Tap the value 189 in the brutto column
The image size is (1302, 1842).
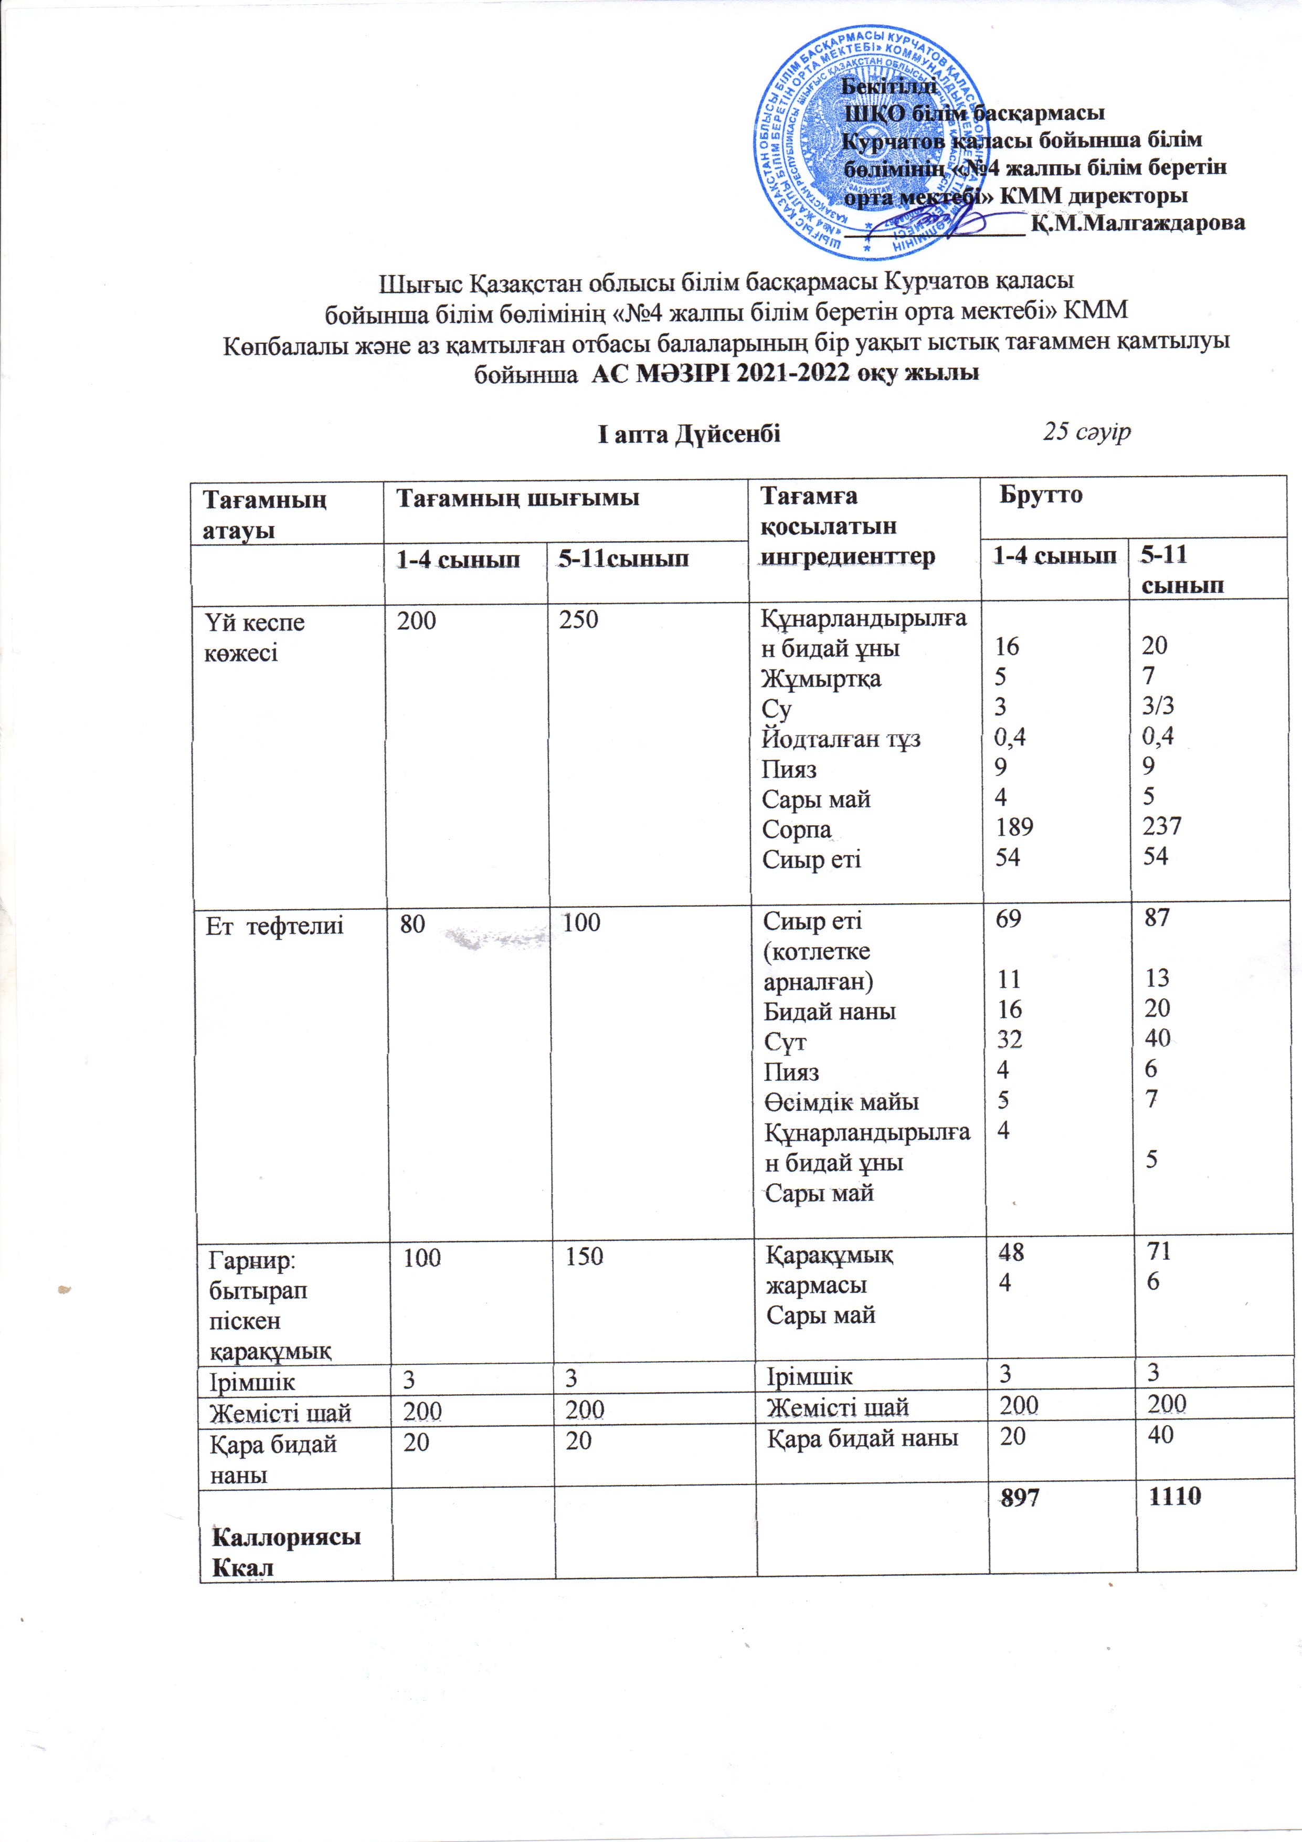coord(1014,826)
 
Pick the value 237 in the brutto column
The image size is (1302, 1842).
coord(1162,826)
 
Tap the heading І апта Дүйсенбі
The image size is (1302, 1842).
coord(689,434)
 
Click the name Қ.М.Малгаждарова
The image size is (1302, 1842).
coord(1139,223)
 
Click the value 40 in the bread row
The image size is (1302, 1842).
coord(1160,1435)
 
